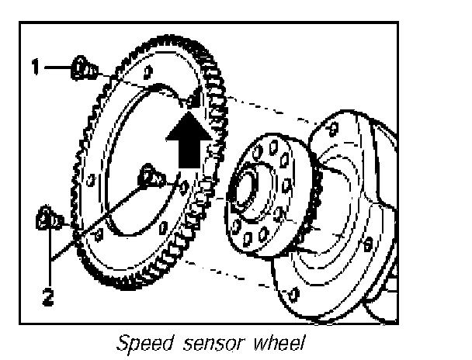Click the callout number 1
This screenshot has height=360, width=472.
pos(35,67)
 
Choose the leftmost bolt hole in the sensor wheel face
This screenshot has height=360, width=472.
pos(92,181)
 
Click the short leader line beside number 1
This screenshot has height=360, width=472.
pos(56,67)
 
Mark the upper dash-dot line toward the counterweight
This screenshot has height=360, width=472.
pos(264,109)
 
